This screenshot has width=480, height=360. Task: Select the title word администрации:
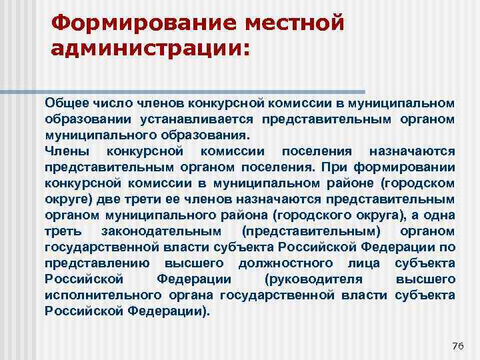pyautogui.click(x=148, y=50)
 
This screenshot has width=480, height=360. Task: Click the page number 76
pyautogui.click(x=457, y=345)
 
